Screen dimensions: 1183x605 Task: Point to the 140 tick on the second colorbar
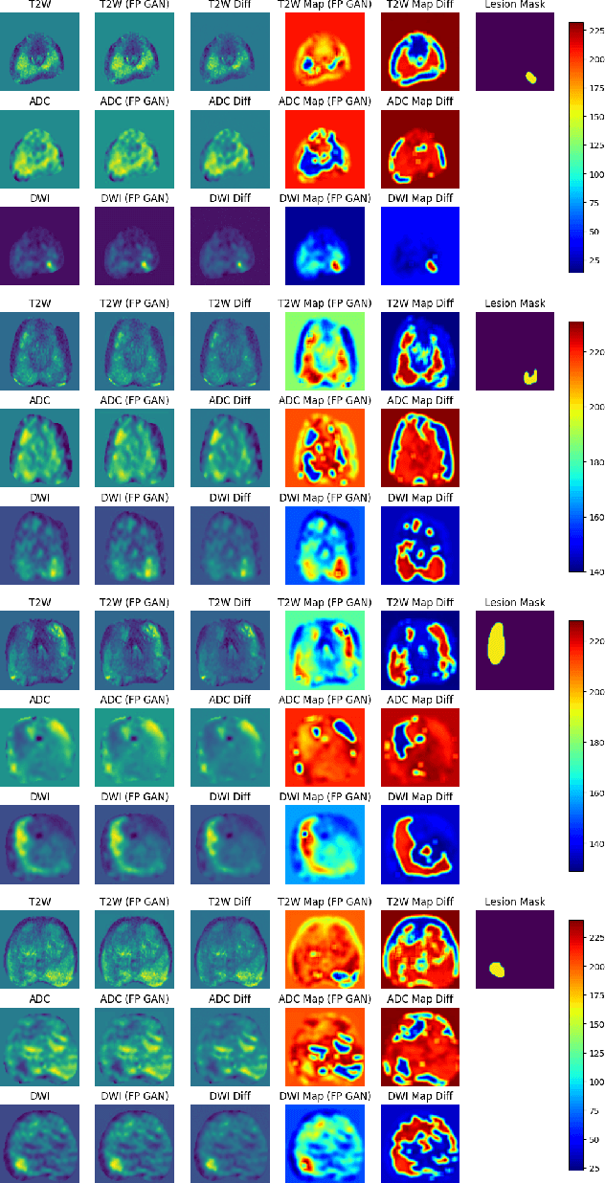click(x=594, y=570)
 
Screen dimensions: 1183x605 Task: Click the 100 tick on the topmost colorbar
click(x=594, y=174)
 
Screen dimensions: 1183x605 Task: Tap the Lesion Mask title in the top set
click(x=515, y=5)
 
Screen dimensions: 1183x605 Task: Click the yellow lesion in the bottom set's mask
click(x=497, y=969)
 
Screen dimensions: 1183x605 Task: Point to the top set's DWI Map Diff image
click(x=420, y=245)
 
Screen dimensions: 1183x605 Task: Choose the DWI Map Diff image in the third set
click(x=420, y=844)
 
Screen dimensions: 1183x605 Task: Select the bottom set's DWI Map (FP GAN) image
click(x=325, y=1143)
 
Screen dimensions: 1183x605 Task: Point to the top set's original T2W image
click(x=39, y=52)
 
